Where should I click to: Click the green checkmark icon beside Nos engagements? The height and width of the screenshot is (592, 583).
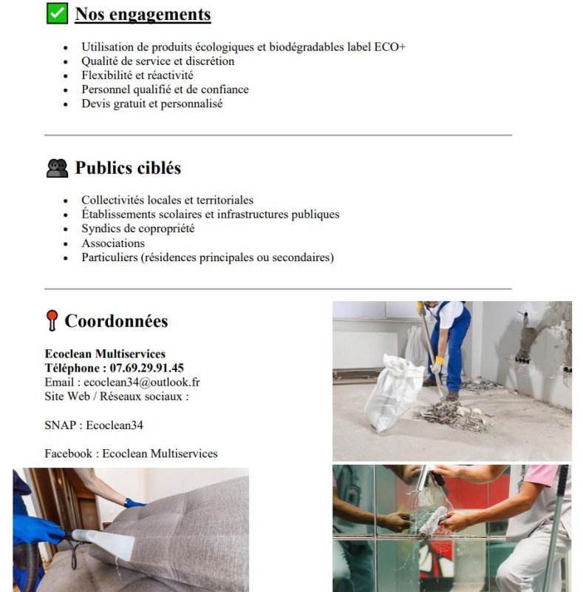(57, 13)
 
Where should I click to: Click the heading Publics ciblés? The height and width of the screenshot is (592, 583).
(128, 168)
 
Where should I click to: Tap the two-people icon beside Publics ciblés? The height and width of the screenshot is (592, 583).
(57, 168)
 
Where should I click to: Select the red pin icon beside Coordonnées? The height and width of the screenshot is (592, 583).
(51, 320)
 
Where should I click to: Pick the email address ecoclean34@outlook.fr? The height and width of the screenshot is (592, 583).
(141, 382)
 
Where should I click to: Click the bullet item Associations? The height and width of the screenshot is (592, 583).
(113, 243)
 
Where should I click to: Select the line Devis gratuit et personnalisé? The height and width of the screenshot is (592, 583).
(151, 104)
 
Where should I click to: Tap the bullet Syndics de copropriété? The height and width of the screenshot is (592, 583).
(137, 229)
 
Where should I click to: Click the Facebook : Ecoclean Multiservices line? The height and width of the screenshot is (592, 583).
(131, 453)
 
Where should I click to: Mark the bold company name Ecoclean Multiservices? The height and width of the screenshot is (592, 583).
(105, 354)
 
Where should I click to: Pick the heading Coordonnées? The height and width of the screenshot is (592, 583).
(116, 320)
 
